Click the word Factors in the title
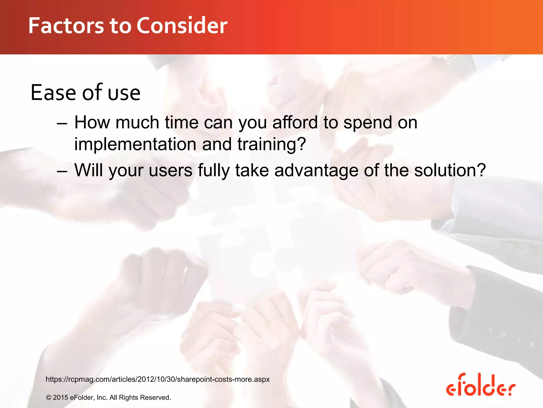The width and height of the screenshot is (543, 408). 66,26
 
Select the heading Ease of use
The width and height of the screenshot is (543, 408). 85,93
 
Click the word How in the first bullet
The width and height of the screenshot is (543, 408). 92,122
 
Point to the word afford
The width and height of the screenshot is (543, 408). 295,122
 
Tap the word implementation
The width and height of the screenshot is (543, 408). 135,144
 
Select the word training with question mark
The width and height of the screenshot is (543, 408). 271,144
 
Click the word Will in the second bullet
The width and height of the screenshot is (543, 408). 89,170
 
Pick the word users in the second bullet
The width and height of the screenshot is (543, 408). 170,171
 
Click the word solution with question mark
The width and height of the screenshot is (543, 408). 450,170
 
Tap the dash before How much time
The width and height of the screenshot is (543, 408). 62,124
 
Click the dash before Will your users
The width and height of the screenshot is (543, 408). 62,171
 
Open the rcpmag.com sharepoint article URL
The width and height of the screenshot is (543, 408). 157,379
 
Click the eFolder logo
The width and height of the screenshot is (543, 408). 480,385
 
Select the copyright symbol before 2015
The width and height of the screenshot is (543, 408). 49,398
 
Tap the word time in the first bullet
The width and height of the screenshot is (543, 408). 182,122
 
